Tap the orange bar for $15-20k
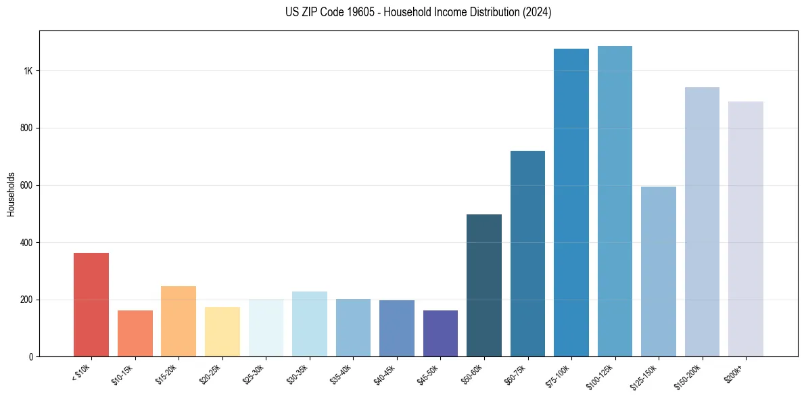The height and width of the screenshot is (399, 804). (x=179, y=321)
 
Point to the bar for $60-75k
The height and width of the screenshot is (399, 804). (x=527, y=254)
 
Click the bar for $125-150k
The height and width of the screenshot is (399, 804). (x=658, y=271)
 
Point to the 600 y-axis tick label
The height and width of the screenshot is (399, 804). (x=26, y=185)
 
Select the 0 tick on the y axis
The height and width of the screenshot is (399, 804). (x=30, y=356)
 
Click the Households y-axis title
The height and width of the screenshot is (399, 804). (x=11, y=193)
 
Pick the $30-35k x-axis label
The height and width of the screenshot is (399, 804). (x=298, y=376)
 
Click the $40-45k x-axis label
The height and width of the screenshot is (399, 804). (x=385, y=376)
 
